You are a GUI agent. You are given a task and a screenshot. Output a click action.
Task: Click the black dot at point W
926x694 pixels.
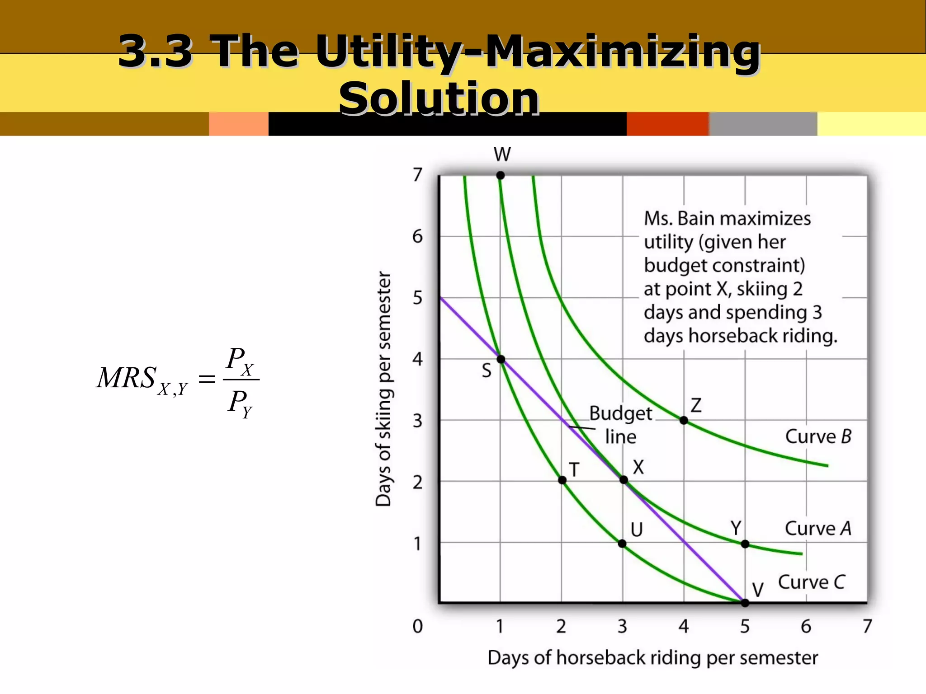pos(500,175)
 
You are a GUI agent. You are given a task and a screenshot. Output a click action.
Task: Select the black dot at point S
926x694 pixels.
pos(501,360)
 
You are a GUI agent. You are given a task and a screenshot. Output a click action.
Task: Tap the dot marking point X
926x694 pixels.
pos(624,480)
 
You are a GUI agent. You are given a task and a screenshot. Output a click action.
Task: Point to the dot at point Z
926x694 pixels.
pos(684,421)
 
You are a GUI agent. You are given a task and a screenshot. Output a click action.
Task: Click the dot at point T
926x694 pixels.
pos(562,480)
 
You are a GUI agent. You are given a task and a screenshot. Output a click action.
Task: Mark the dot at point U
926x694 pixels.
pos(622,544)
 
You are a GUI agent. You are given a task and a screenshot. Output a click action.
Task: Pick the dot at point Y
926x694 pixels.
pos(745,544)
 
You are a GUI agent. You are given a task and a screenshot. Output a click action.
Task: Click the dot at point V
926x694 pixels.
pos(745,603)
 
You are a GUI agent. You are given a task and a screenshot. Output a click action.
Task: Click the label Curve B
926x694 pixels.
pos(818,436)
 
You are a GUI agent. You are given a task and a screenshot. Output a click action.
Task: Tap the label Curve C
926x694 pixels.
pos(811,582)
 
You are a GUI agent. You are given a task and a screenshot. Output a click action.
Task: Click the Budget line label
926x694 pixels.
pos(620,425)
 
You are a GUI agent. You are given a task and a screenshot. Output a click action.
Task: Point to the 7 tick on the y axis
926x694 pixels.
pos(417,175)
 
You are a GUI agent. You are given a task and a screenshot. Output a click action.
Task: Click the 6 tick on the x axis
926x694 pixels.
pos(806,626)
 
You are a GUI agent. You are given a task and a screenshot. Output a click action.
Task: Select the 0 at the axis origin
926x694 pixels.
pos(417,626)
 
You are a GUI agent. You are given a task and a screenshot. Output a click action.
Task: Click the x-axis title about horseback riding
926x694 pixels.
pos(652,658)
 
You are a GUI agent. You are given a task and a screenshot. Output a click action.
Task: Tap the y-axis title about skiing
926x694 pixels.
pos(383,389)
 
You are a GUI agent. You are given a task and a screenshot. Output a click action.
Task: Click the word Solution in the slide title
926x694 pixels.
pos(439,98)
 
